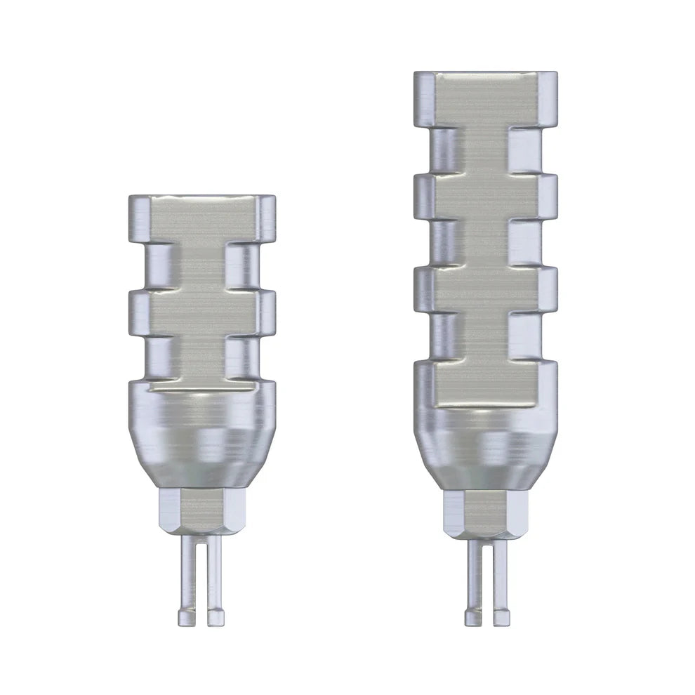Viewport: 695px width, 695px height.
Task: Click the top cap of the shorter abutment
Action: (201, 218)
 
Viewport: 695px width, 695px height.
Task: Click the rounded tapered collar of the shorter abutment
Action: (201, 435)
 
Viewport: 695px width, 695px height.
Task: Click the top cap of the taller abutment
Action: (485, 98)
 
